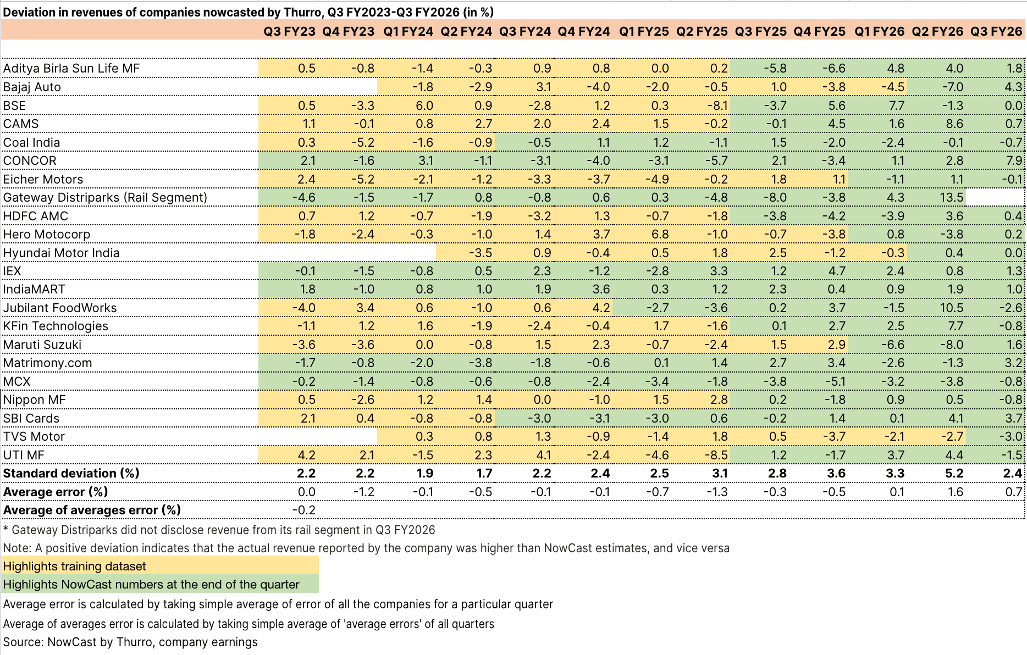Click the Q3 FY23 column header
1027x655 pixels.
[x=289, y=31]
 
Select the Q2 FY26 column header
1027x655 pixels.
[x=937, y=31]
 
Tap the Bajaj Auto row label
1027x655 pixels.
[x=32, y=87]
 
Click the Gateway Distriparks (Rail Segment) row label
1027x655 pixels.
[x=105, y=197]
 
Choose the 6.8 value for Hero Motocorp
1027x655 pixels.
[x=660, y=234]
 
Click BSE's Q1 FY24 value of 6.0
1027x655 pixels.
[x=424, y=106]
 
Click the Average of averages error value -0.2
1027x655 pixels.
[x=303, y=510]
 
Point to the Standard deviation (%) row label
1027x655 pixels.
[x=71, y=473]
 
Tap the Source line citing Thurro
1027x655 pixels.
[x=130, y=642]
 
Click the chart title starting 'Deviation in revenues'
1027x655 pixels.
[x=248, y=12]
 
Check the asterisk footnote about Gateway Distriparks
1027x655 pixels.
[x=219, y=530]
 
